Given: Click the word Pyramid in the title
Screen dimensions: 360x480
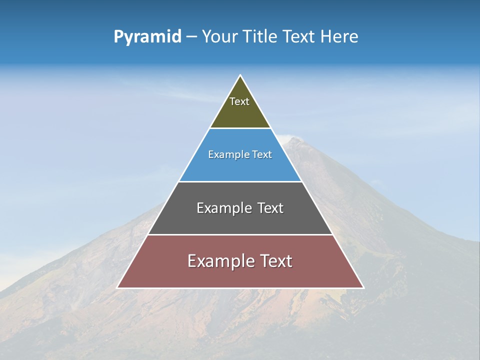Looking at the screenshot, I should tap(147, 37).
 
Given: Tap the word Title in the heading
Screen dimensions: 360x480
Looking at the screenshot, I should tap(259, 37).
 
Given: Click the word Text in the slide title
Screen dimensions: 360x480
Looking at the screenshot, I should tap(298, 37).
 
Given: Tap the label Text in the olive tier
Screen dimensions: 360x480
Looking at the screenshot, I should tap(239, 101).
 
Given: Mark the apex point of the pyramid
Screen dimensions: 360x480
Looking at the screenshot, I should tap(240, 75).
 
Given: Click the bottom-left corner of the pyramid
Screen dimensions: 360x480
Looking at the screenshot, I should tap(117, 287).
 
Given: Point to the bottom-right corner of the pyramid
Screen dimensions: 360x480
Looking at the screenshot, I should tap(363, 287).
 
